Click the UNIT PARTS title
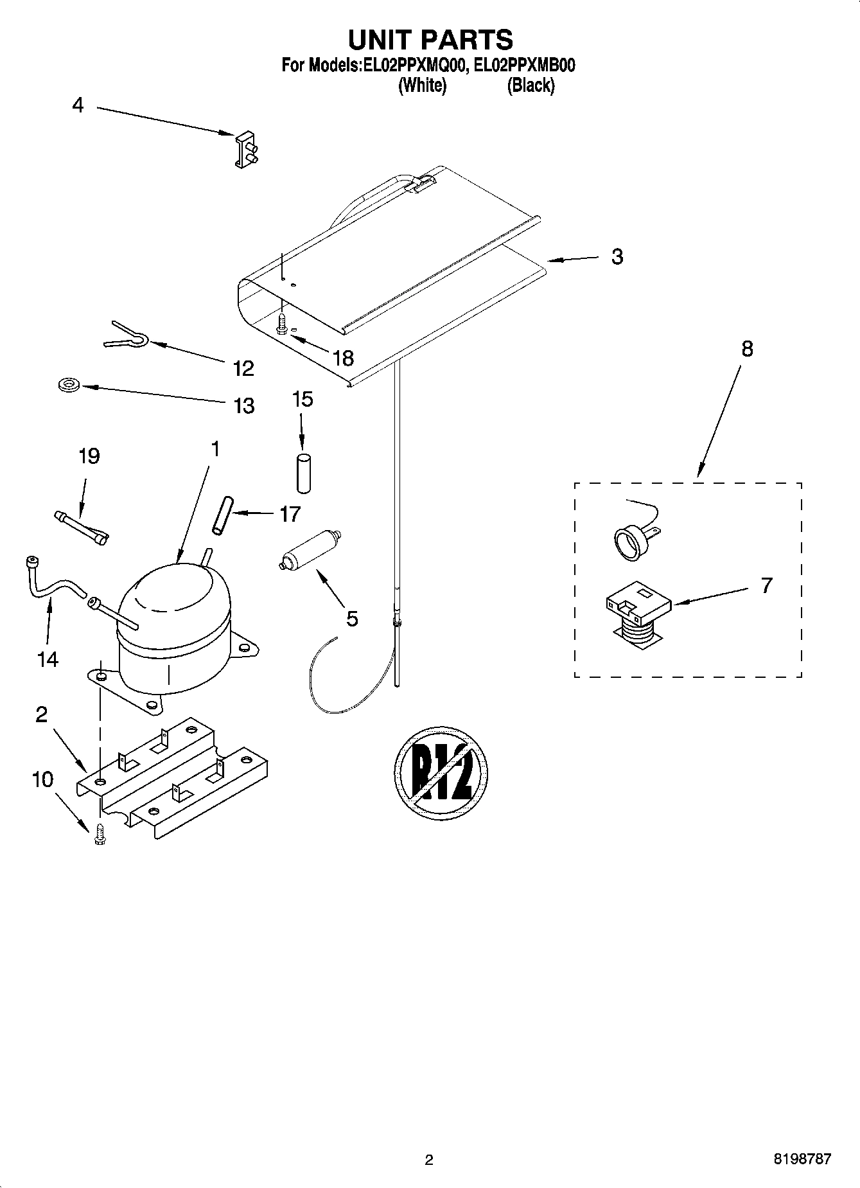pos(430,40)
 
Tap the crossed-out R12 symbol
pos(441,772)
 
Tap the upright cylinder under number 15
pos(302,474)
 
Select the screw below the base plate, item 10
pos(100,834)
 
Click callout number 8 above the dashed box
pos(747,350)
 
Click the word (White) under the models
pos(422,85)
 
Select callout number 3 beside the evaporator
pos(617,256)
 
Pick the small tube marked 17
pos(221,514)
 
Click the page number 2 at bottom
pos(429,1160)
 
